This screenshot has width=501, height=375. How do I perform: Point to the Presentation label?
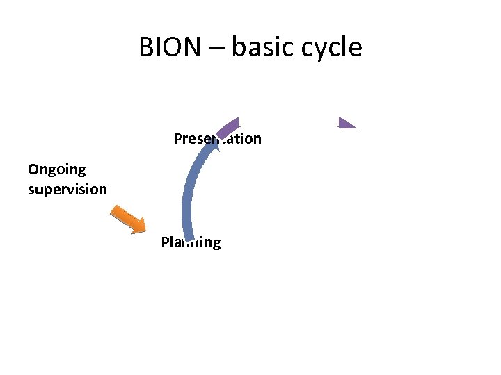(217, 138)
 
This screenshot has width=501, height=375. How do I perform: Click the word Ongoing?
(56, 170)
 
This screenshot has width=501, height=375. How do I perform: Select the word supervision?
(67, 189)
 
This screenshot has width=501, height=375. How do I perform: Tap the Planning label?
(191, 242)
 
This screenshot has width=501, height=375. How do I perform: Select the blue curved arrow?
(189, 187)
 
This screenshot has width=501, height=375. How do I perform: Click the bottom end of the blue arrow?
(189, 238)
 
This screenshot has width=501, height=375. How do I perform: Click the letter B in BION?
(146, 47)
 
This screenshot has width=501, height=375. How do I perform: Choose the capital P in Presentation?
(177, 138)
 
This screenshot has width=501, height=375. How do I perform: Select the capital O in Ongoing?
(33, 169)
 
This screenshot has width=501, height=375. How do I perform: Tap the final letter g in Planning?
(216, 244)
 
